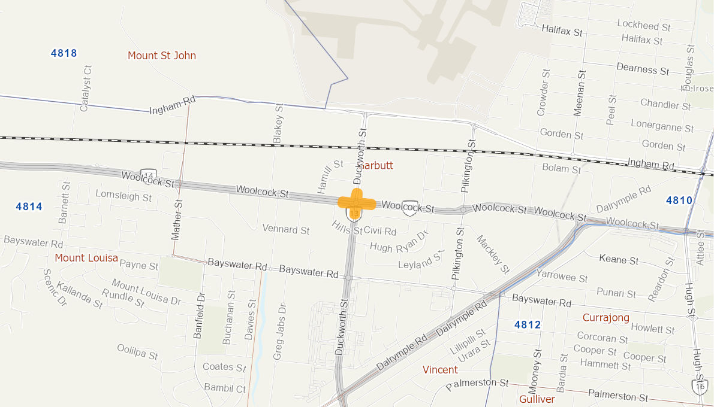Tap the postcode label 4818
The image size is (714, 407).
(64, 53)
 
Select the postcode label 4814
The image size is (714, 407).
(29, 206)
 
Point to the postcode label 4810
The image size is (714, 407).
(679, 200)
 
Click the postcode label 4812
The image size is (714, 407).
(528, 325)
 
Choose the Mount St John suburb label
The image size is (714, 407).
(162, 56)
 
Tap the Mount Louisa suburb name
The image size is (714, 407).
(86, 258)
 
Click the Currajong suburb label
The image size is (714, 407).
(606, 317)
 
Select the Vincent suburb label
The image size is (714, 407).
(440, 369)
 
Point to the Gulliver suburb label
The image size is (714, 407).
(537, 399)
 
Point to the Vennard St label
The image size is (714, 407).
(286, 229)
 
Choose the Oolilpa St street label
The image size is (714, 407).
(137, 351)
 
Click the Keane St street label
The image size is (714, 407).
(620, 260)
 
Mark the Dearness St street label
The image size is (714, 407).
(643, 69)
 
